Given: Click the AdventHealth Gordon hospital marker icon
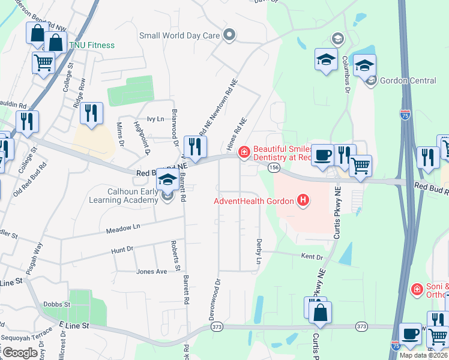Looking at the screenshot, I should click(x=304, y=200).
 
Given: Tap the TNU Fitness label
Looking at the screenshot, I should click(x=92, y=45).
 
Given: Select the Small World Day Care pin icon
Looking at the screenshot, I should click(x=229, y=35).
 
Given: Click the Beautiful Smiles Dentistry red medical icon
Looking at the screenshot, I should click(x=244, y=152).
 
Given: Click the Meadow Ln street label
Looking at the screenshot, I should click(x=123, y=228).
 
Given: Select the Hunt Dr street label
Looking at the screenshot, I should click(x=122, y=249).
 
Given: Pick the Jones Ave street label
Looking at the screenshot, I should click(x=151, y=271).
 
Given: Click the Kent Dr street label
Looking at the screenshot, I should click(x=312, y=257).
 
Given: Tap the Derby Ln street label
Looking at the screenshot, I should click(x=259, y=251).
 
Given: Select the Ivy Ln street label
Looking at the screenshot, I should click(x=155, y=119).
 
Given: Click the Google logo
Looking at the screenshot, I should click(x=20, y=353).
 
